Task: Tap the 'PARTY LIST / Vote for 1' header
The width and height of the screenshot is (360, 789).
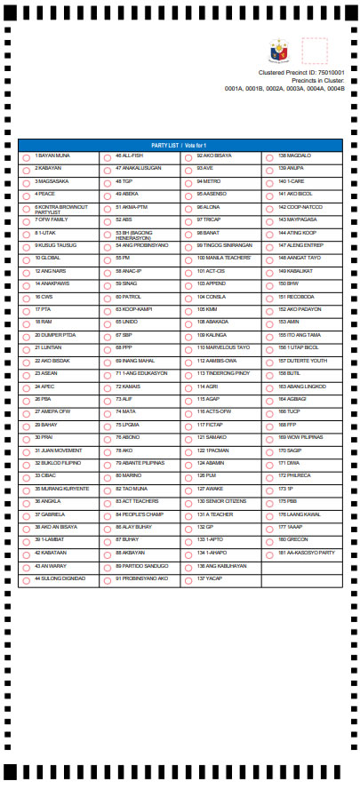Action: (179, 145)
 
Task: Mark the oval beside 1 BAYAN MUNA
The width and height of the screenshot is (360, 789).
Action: (27, 156)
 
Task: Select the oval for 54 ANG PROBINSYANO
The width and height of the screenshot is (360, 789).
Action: (108, 246)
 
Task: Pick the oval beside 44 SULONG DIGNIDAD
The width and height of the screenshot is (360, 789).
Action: (27, 579)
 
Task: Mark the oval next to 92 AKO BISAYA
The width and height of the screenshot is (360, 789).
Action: (188, 156)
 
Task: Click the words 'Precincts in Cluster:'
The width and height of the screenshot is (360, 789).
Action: (316, 81)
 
